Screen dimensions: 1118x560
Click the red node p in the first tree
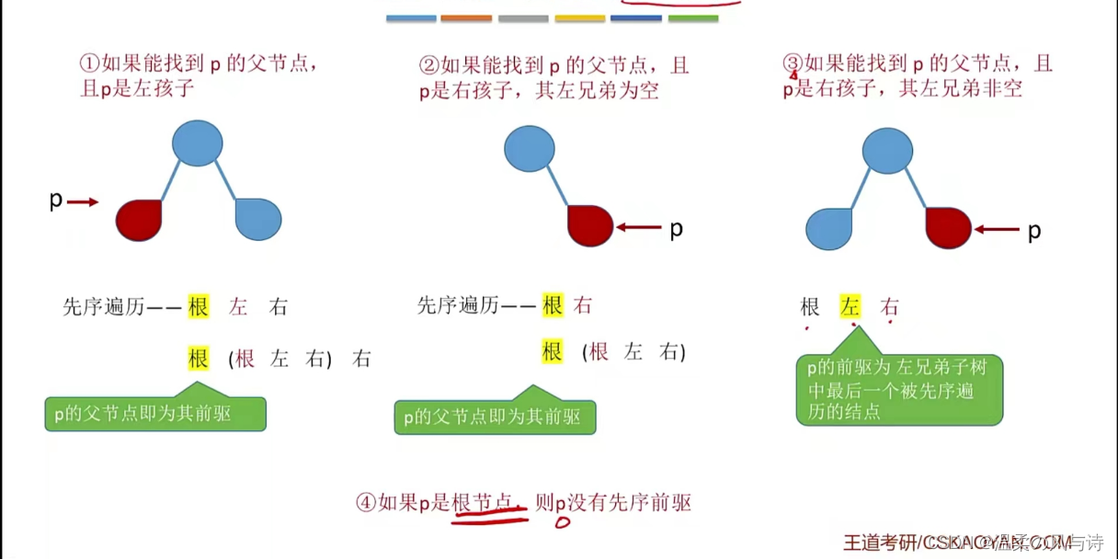(139, 221)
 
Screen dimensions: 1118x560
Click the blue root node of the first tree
(198, 143)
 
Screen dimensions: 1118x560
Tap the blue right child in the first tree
(258, 220)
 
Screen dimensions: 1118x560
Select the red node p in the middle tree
(590, 226)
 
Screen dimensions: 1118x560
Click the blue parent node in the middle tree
(530, 149)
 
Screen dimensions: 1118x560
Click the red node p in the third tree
(948, 228)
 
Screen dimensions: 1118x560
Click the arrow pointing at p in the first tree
(83, 202)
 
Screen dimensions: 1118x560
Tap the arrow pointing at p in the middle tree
(639, 227)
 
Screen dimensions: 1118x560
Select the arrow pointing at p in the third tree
(998, 230)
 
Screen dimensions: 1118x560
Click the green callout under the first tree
(155, 414)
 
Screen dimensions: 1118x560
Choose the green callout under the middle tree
(495, 417)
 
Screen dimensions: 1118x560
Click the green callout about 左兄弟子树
(898, 389)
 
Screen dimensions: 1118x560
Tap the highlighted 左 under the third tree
(850, 308)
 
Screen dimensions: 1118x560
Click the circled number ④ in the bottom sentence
(366, 503)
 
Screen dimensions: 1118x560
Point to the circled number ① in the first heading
(89, 64)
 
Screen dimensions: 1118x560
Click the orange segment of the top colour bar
(466, 17)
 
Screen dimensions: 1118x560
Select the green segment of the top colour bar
(692, 17)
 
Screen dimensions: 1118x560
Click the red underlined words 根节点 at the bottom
(488, 503)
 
